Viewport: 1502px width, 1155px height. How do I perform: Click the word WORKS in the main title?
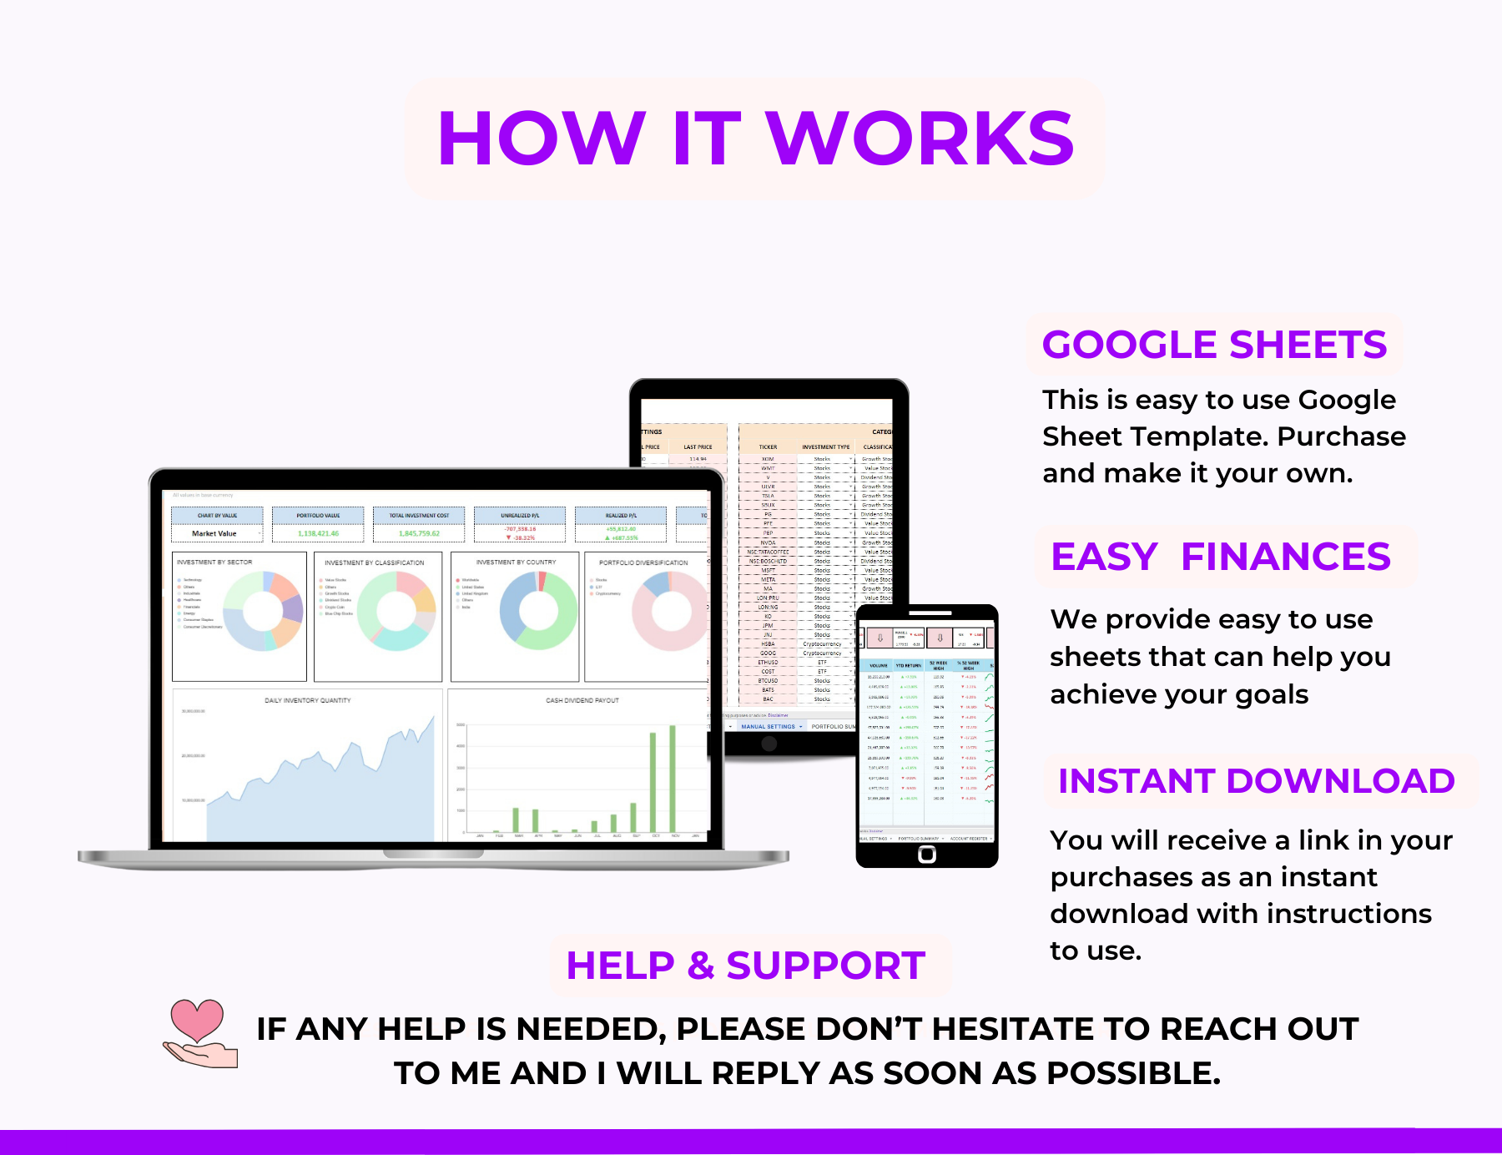point(920,139)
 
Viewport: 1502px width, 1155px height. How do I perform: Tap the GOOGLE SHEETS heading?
point(1214,345)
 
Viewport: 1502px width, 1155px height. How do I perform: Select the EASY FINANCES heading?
point(1220,557)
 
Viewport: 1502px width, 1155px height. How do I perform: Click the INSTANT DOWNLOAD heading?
point(1256,781)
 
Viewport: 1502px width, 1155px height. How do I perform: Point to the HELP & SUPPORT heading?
point(745,966)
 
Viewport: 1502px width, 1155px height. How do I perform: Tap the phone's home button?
point(926,854)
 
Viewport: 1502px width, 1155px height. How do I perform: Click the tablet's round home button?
point(769,744)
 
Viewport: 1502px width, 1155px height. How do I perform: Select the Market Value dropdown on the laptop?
point(217,533)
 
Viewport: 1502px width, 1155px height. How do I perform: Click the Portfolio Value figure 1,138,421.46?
point(318,533)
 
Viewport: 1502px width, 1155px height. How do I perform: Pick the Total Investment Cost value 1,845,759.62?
point(419,533)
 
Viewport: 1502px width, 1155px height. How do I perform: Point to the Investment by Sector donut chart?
point(263,611)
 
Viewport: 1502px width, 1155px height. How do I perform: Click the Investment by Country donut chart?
point(538,611)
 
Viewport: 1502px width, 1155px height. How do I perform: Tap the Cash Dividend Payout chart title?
point(582,700)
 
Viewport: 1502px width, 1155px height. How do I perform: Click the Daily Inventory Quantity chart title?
point(307,700)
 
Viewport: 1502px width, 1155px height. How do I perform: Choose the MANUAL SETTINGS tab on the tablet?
point(768,727)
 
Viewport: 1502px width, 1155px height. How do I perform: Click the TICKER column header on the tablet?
point(768,447)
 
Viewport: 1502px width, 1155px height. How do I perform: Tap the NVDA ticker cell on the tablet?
point(768,542)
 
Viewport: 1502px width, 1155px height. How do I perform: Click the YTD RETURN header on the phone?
point(908,666)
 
